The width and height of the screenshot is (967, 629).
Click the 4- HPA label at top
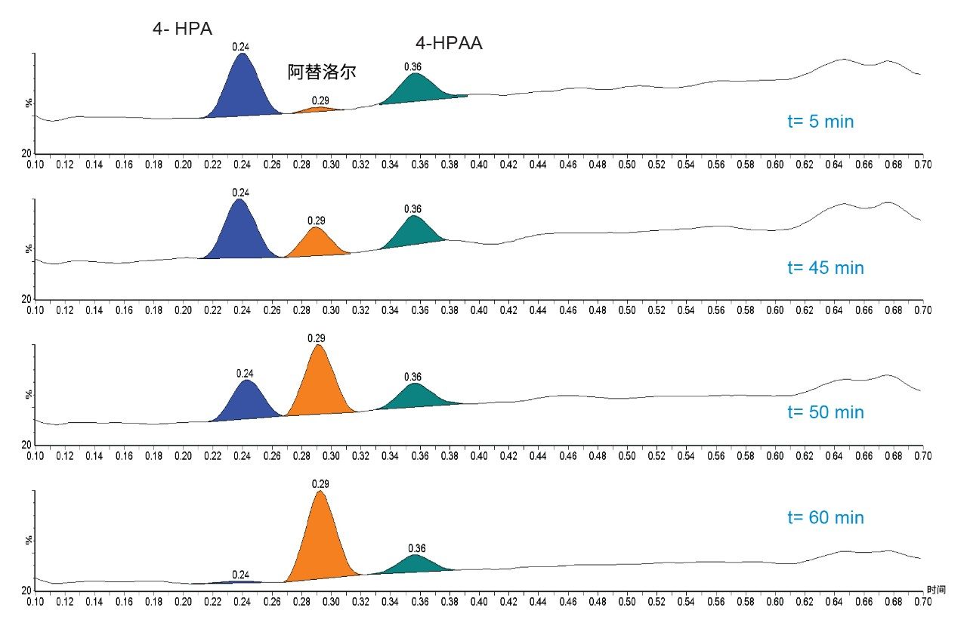click(x=182, y=29)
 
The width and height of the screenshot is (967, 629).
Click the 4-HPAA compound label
click(x=448, y=44)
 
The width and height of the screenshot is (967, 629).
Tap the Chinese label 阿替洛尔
click(x=321, y=72)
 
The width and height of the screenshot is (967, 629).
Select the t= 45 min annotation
click(x=825, y=268)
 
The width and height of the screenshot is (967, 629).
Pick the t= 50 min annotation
click(x=825, y=412)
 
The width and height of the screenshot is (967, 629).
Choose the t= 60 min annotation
click(x=825, y=518)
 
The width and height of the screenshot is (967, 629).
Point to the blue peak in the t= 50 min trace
click(x=246, y=400)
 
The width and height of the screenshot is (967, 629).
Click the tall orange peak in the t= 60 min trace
click(x=321, y=536)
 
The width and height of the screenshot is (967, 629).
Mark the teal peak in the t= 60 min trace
click(x=415, y=565)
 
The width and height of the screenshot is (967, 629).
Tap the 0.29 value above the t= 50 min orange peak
click(x=317, y=338)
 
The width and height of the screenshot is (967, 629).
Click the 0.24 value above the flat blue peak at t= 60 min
click(x=241, y=574)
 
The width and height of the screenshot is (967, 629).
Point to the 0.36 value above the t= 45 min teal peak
click(x=412, y=209)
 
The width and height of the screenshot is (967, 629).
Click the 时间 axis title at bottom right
click(x=935, y=589)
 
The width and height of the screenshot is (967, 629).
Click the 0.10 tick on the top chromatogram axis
click(x=35, y=162)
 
